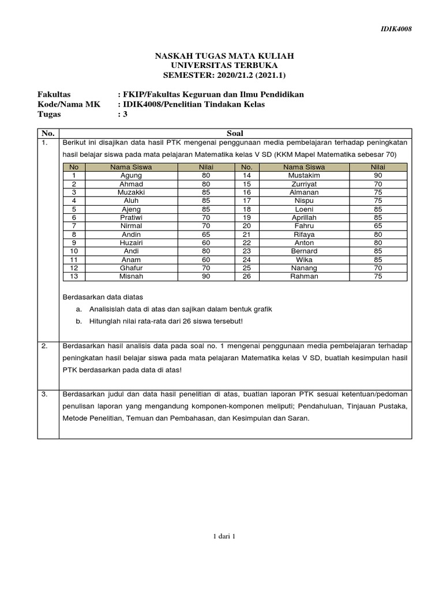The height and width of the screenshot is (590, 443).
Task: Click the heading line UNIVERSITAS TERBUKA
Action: (224, 65)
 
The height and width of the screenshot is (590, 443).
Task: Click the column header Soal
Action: (235, 133)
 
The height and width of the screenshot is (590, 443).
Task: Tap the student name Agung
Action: (131, 175)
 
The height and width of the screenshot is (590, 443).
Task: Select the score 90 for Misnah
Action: (207, 277)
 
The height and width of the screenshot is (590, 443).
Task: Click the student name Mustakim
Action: (304, 175)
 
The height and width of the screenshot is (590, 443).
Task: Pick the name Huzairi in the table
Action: (131, 243)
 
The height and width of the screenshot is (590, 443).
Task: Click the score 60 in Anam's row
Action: (207, 260)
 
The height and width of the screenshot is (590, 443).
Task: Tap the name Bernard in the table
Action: (304, 251)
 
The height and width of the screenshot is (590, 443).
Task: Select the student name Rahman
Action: (304, 277)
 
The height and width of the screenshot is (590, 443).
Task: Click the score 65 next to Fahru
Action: (378, 226)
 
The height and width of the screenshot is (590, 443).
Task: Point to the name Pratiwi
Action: (131, 217)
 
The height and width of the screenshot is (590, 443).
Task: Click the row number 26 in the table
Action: (247, 277)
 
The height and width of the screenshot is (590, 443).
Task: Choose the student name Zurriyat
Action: (304, 184)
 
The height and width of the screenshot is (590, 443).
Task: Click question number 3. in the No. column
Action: (45, 394)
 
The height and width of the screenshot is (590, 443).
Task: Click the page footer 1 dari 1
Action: (224, 536)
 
